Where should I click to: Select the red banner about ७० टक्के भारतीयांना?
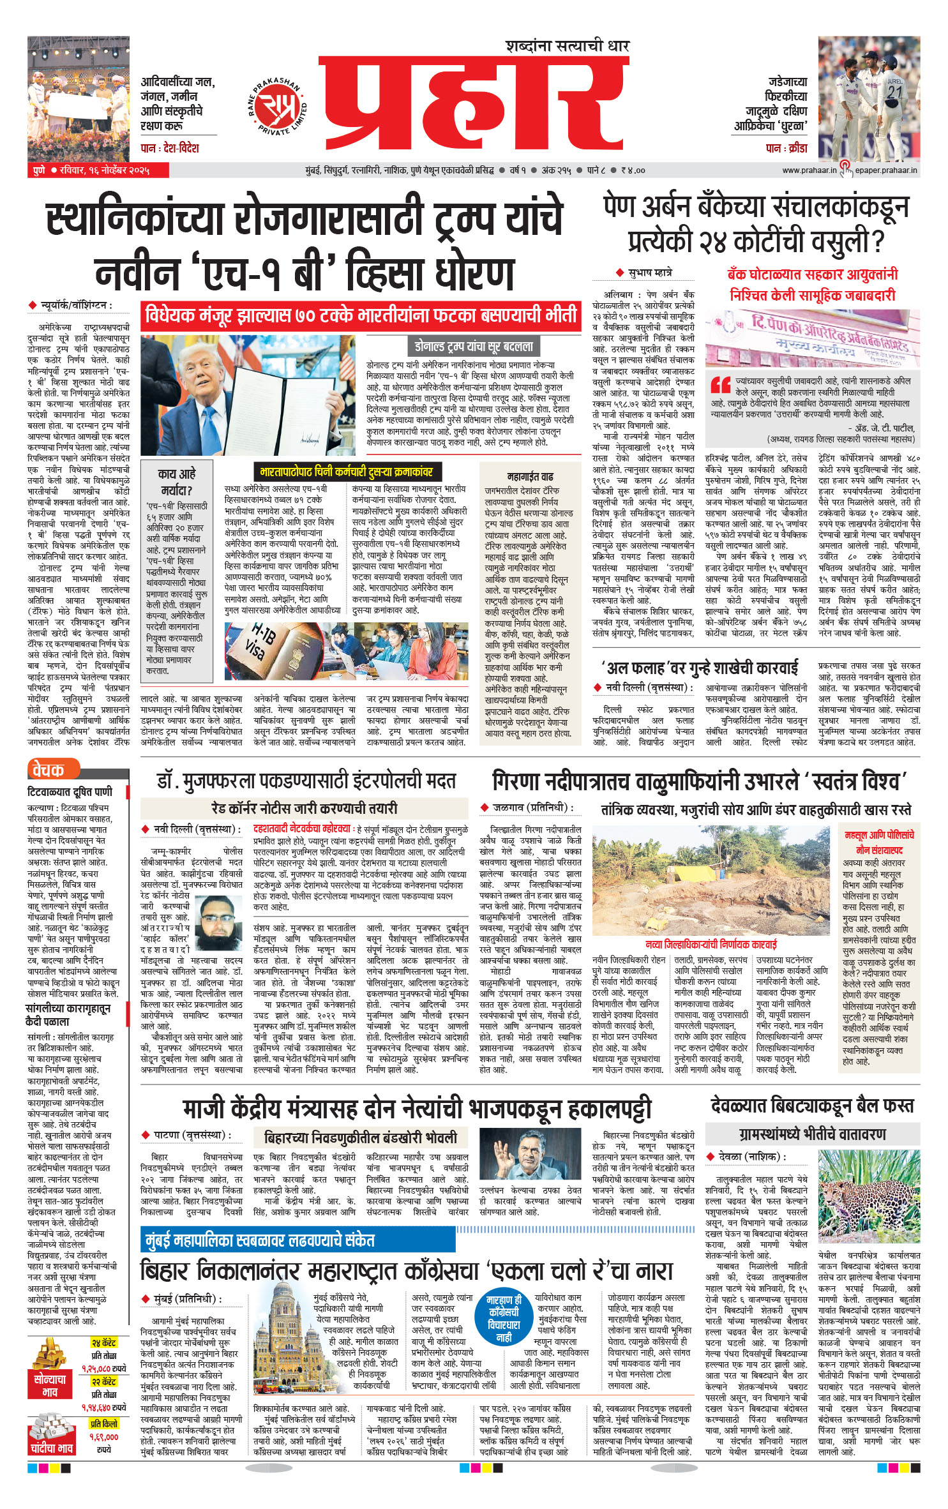click(361, 316)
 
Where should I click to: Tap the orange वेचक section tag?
click(50, 770)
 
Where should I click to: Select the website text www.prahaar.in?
click(809, 170)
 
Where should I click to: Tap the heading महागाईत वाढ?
click(530, 476)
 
